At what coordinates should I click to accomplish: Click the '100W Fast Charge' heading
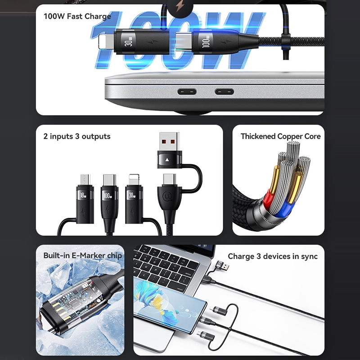point(77,16)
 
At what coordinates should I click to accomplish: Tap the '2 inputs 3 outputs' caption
point(77,136)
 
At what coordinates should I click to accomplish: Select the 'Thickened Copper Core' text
point(280,136)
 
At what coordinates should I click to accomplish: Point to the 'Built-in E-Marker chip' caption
point(83,256)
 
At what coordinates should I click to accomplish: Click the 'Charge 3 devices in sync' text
point(273,256)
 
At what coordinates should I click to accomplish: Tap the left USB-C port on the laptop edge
point(187,92)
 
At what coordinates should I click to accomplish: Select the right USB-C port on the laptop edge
point(224,92)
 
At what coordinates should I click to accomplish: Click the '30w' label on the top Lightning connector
point(129,42)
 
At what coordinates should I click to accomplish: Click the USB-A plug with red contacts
point(170,141)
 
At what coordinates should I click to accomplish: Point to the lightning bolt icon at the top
point(180,7)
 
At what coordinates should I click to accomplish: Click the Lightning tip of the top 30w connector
point(106,42)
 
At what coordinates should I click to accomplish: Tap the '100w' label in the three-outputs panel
point(107,196)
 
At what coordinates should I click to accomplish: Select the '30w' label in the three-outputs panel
point(132,195)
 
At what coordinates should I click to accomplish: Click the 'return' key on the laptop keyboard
point(179,288)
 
